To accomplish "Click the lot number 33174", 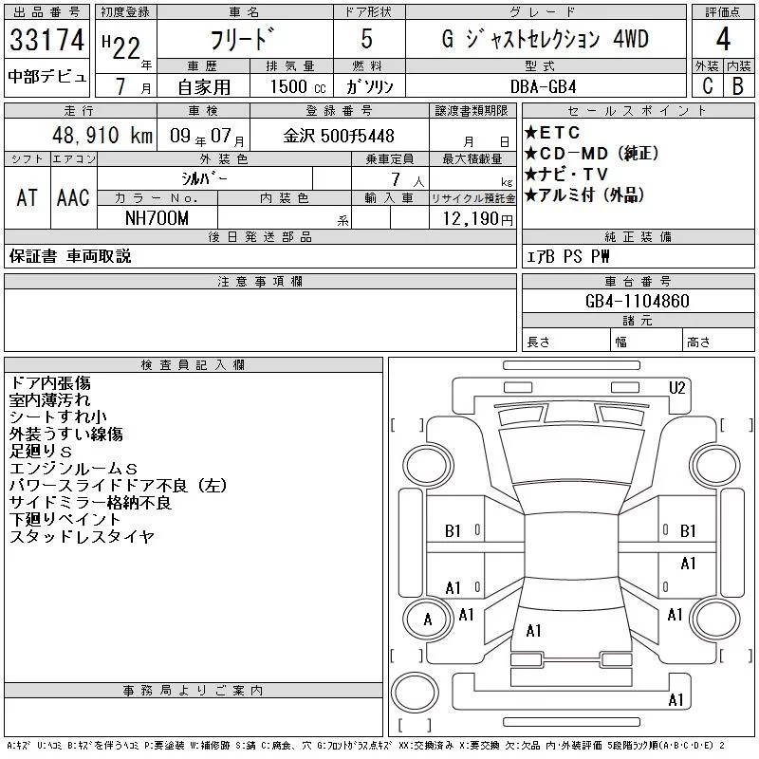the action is (x=46, y=40).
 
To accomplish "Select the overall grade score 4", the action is (x=723, y=39).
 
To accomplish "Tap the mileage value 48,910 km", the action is (x=102, y=136).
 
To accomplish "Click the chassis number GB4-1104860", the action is (x=637, y=301).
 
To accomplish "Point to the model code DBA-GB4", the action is (x=543, y=87).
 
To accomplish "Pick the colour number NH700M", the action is (x=157, y=218).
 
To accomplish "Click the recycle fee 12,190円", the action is (x=477, y=219).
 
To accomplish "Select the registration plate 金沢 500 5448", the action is (x=339, y=136).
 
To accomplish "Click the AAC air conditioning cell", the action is (x=73, y=198).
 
